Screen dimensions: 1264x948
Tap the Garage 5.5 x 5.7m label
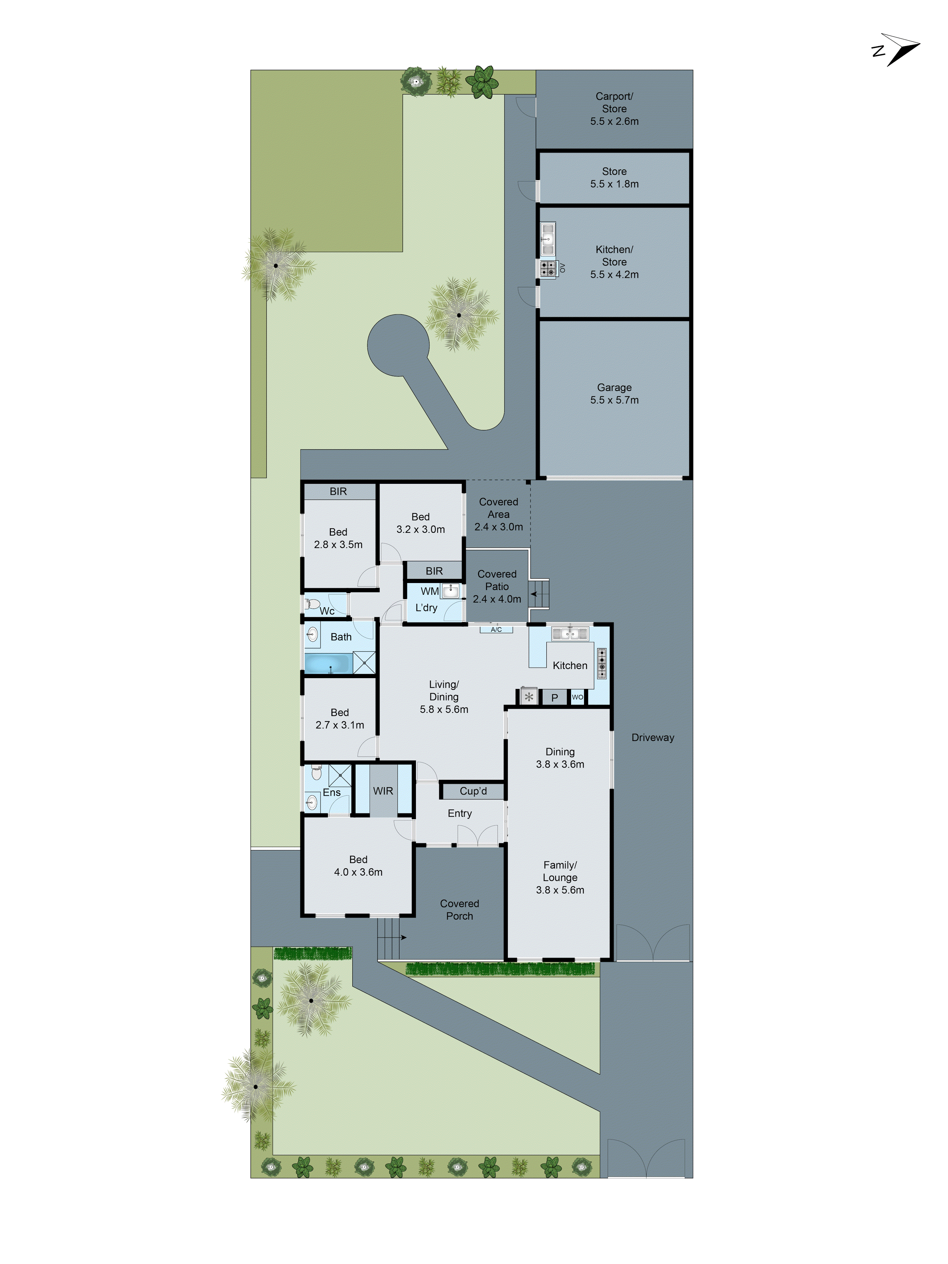pyautogui.click(x=614, y=394)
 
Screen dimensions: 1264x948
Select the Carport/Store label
pyautogui.click(x=614, y=103)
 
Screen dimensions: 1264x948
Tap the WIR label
pyautogui.click(x=383, y=791)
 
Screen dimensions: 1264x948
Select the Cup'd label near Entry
pyautogui.click(x=473, y=791)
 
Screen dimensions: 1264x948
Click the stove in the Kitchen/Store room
pyautogui.click(x=548, y=268)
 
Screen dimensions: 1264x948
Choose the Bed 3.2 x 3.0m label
pyautogui.click(x=421, y=523)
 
